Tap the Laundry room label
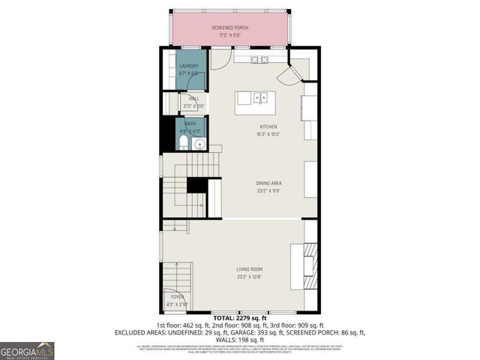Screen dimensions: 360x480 [x=189, y=66]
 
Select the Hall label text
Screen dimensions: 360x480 [x=193, y=98]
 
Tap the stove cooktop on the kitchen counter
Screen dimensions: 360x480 [x=260, y=58]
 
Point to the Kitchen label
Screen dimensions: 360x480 [x=268, y=127]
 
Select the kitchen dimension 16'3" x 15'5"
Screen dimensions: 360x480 [x=268, y=133]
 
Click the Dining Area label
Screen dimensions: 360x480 [x=268, y=183]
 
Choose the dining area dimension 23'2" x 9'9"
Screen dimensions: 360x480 [x=268, y=190]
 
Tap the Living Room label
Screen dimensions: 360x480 [x=249, y=270]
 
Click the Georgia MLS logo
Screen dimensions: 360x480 [x=27, y=350]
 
